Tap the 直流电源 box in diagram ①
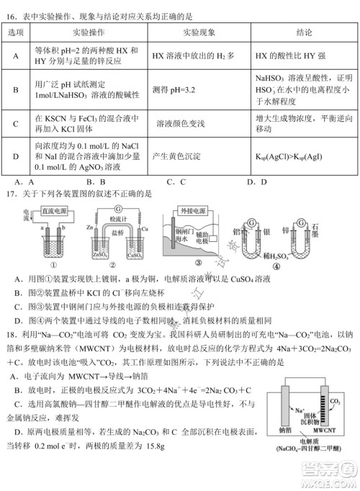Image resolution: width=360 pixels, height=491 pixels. [58, 212]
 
